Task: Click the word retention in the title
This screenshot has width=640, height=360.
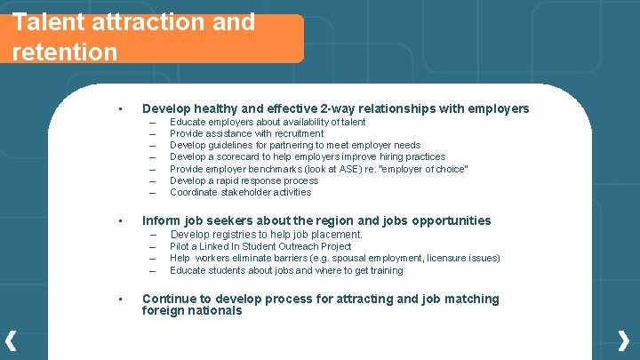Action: (65, 52)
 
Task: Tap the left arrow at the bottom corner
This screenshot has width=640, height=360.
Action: (11, 340)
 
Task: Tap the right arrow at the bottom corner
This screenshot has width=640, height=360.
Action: (624, 340)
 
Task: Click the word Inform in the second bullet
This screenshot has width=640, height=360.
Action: (161, 220)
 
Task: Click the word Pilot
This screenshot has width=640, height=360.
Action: (180, 246)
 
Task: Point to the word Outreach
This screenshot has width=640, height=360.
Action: (290, 246)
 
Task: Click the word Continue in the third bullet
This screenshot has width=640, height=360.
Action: (169, 299)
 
